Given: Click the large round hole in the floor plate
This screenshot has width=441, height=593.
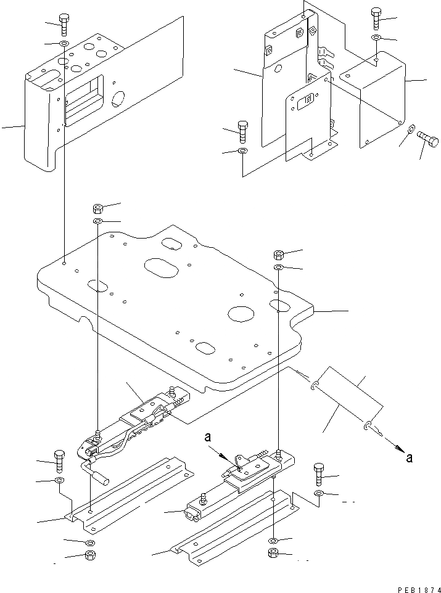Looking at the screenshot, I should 241,313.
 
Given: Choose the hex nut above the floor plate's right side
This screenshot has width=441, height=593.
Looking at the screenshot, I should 278,254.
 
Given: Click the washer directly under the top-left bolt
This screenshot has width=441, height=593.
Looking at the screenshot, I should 64,44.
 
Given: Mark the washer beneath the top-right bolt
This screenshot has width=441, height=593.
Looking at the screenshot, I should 376,39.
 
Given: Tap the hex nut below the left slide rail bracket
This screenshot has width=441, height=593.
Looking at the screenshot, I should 89,556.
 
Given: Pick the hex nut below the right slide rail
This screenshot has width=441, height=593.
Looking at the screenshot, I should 274,554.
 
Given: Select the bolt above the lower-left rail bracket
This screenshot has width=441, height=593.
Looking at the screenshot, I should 60,459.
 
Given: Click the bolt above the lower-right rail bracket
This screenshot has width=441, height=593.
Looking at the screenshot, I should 318,473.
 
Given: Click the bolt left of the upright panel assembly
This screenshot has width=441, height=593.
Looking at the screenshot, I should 242,131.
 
